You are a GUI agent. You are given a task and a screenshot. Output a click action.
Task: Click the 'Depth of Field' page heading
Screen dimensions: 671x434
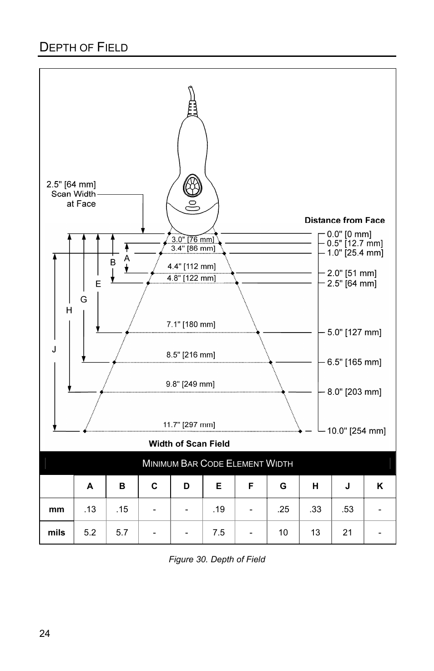(84, 47)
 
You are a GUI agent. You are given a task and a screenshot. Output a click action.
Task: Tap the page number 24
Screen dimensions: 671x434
(45, 633)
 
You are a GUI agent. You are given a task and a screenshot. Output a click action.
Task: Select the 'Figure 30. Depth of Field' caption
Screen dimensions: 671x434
(217, 559)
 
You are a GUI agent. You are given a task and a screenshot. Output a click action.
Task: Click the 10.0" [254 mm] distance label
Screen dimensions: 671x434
(356, 431)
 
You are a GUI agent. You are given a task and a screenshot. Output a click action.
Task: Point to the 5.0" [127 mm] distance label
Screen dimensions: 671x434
(354, 332)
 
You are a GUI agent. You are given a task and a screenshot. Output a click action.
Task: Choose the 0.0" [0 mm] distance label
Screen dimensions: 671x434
(349, 234)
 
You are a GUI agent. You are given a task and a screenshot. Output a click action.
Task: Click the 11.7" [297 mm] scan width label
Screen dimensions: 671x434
(189, 425)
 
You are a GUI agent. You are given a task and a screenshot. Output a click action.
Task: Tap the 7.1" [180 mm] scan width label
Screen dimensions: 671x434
(191, 324)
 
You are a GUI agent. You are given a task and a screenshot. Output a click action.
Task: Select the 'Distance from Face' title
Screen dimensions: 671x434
(344, 220)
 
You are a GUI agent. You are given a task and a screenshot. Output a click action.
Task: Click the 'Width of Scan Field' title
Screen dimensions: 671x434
(189, 444)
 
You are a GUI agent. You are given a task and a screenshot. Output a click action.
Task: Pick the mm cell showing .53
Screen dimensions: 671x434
(348, 509)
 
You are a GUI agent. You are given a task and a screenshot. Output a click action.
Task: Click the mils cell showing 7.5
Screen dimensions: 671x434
(218, 532)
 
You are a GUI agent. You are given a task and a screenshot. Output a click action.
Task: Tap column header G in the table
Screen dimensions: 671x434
(283, 486)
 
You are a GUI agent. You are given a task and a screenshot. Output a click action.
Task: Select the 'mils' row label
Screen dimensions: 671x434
(56, 532)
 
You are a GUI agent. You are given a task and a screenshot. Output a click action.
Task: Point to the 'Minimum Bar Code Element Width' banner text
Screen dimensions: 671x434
(217, 464)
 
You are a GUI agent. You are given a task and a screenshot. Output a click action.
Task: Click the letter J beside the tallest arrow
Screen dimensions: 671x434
(54, 349)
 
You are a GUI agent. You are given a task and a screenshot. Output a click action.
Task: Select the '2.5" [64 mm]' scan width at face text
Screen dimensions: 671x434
(71, 184)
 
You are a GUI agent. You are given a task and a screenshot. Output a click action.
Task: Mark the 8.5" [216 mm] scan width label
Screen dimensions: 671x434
(191, 355)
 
